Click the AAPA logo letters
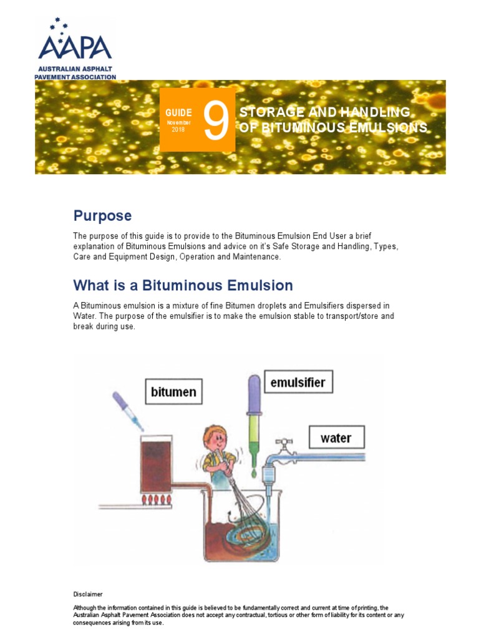(75, 47)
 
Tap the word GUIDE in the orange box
(178, 112)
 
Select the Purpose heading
(102, 216)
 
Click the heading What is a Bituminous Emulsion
(183, 286)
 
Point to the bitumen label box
(173, 392)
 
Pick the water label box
(336, 437)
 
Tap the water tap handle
(284, 445)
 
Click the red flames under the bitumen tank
(158, 500)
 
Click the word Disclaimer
(88, 594)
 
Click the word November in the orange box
(178, 123)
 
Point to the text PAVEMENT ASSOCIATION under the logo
(75, 77)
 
